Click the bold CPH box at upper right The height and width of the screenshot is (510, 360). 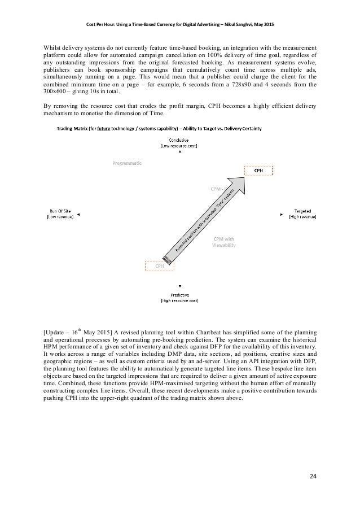[258, 170]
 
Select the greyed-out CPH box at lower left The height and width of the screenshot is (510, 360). [160, 264]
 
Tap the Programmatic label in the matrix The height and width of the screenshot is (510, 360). [126, 163]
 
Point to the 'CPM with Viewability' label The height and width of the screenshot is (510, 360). [224, 242]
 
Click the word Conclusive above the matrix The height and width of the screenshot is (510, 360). [180, 140]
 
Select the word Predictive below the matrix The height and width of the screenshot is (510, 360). [179, 295]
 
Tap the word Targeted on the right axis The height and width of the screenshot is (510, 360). [302, 211]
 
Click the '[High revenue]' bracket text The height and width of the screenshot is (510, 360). [302, 216]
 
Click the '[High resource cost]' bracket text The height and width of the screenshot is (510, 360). [179, 301]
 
